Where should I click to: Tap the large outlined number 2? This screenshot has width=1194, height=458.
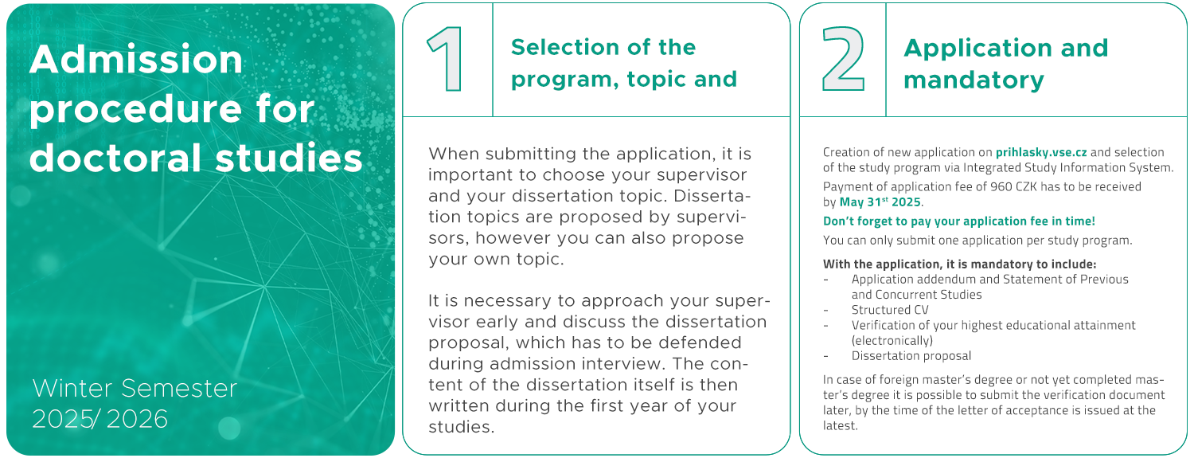click(x=843, y=59)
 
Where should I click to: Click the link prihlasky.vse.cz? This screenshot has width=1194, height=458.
click(x=1041, y=152)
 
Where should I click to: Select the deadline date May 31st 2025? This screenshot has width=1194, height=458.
click(x=880, y=202)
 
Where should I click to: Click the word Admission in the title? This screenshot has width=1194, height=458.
click(x=136, y=59)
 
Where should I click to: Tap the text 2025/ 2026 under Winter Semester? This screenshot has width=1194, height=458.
click(x=99, y=419)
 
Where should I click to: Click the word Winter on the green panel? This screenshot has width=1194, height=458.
click(x=74, y=388)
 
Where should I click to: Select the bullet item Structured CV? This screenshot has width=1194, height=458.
click(x=890, y=310)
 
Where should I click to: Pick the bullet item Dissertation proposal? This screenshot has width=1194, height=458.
click(x=911, y=355)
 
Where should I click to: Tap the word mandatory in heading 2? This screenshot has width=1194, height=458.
click(x=974, y=80)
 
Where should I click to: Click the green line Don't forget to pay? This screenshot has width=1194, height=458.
click(x=959, y=221)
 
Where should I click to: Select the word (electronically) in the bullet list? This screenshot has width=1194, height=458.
click(x=892, y=341)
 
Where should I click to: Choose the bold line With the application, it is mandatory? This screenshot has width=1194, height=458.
click(x=959, y=264)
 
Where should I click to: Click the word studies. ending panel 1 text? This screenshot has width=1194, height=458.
click(x=462, y=427)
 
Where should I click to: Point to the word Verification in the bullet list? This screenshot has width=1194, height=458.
click(x=881, y=325)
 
